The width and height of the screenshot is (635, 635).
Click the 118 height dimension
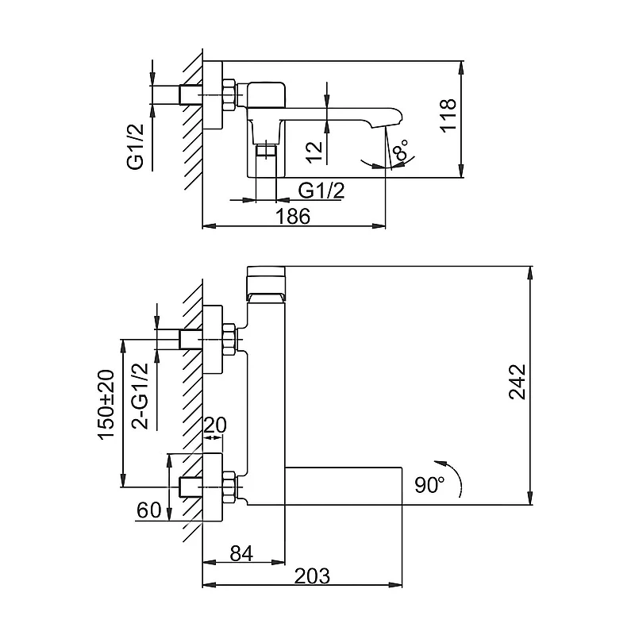[x=448, y=115]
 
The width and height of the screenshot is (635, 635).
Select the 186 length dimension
[x=293, y=216]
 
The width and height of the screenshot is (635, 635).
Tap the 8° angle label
[x=400, y=150]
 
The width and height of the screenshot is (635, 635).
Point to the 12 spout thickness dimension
[x=314, y=152]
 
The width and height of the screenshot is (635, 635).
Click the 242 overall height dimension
[x=518, y=382]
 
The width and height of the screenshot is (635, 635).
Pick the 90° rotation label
[x=429, y=484]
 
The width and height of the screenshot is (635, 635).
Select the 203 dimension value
[x=312, y=575]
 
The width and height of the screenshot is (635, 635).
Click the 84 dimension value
[x=241, y=553]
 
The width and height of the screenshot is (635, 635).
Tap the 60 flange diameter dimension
[x=149, y=510]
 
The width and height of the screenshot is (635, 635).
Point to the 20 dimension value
[x=215, y=425]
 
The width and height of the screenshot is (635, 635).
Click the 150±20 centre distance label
[x=106, y=404]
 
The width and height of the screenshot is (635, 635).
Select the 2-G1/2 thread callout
[x=140, y=396]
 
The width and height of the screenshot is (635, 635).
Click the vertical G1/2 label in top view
[x=136, y=147]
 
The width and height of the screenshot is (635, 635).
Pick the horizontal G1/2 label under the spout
[x=321, y=190]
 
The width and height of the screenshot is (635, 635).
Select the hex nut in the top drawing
[x=229, y=94]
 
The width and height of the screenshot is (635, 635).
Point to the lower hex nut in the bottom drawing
[x=229, y=487]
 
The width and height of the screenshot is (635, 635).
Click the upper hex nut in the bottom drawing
[x=229, y=339]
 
